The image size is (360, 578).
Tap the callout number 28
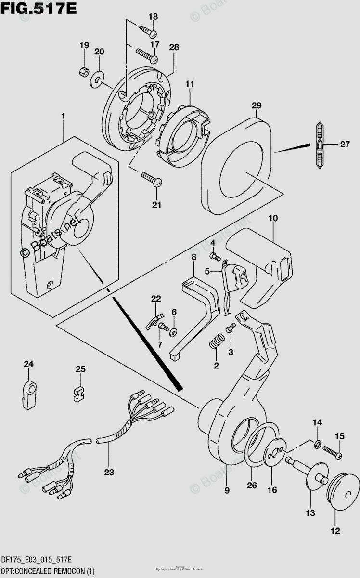coord(174,47)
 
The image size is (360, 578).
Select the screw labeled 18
coord(148,32)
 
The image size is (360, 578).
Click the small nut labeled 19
coord(84,72)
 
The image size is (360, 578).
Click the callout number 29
coord(256,105)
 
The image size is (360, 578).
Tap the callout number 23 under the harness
coord(109,473)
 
